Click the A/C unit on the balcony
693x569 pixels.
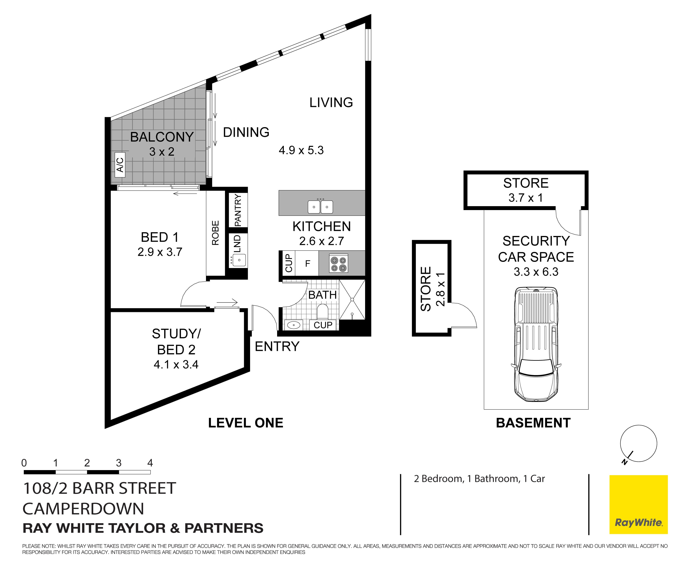[120, 165]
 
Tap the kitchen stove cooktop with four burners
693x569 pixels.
[338, 263]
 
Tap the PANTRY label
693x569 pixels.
[238, 210]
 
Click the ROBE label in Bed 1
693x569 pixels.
[215, 233]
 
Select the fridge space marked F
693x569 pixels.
[307, 263]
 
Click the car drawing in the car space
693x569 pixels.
[536, 344]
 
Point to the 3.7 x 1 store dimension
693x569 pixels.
[526, 198]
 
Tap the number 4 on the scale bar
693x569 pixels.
[150, 463]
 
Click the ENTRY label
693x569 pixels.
[277, 346]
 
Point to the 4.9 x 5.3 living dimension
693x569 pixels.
[301, 150]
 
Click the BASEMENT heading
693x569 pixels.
[533, 423]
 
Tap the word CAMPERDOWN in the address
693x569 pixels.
[83, 509]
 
